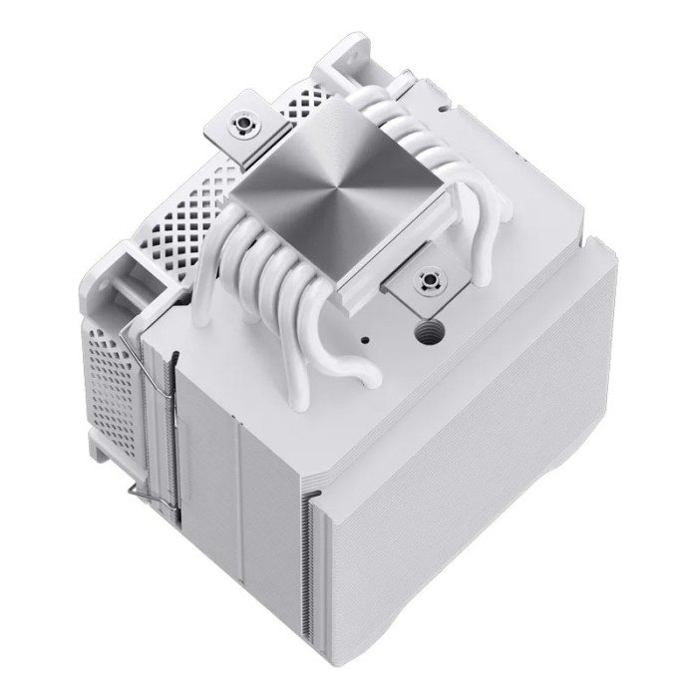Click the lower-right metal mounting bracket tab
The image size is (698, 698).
coord(429,289)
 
